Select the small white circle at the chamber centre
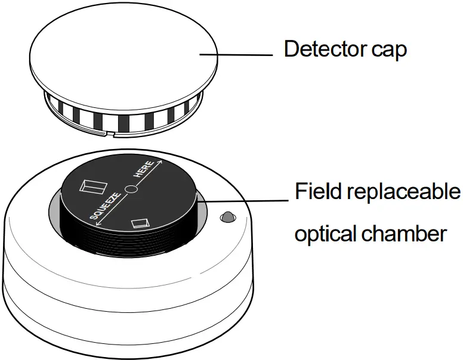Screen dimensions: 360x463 [x=132, y=190]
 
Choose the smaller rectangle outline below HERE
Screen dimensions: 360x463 [x=140, y=223]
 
